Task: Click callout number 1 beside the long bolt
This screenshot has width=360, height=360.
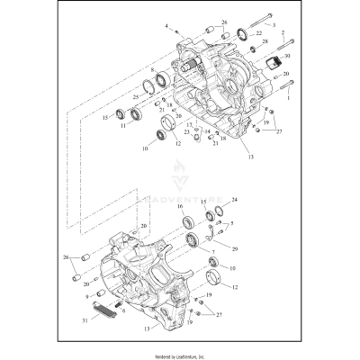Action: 288,99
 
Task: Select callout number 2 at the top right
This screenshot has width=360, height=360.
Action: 284,33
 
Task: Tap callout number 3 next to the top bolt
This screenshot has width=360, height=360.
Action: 248,28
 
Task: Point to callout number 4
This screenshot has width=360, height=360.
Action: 166,29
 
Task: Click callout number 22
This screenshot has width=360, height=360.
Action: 259,33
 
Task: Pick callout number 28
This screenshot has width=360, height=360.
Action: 264,42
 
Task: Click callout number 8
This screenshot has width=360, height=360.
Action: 154,69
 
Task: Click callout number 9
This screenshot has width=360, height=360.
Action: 87,294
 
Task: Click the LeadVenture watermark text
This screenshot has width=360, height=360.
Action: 180,190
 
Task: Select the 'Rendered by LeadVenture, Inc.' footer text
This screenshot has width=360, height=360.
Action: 180,355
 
